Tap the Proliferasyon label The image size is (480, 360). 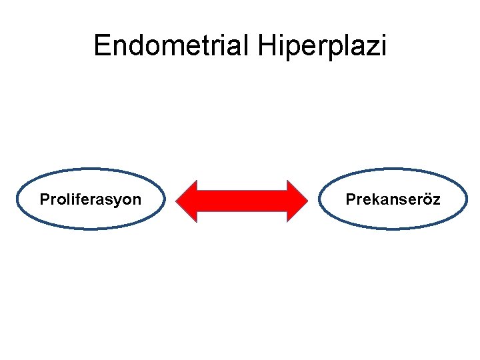tap(91, 199)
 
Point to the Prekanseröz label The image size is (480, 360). tap(393, 199)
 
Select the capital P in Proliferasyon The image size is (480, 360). tap(44, 199)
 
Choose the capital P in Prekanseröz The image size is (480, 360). tap(350, 199)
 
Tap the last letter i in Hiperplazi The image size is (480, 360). tap(382, 46)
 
